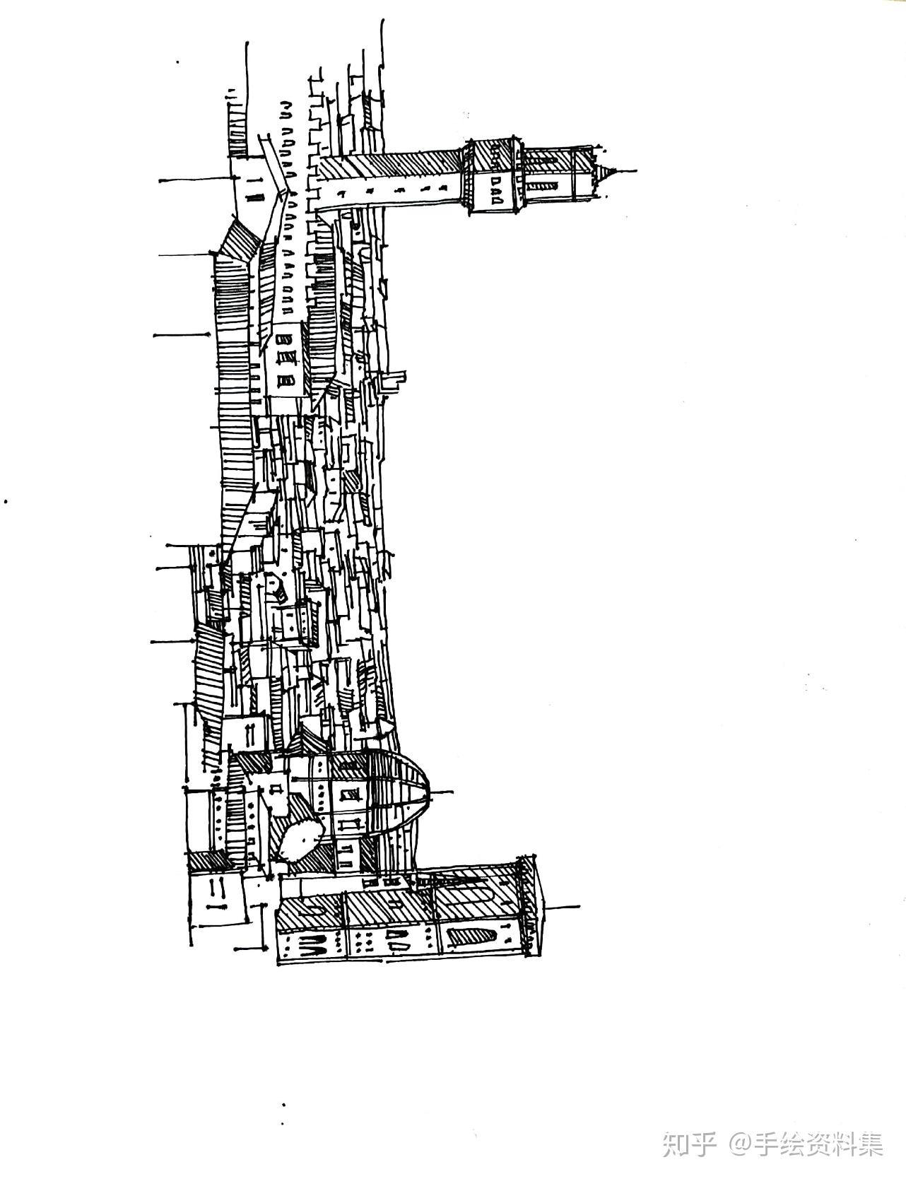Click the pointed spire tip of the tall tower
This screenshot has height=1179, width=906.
[x=635, y=170]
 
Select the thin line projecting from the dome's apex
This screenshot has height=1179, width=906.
[x=441, y=791]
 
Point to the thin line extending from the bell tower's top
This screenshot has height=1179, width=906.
[x=563, y=907]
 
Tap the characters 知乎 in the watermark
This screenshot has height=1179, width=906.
[x=690, y=1144]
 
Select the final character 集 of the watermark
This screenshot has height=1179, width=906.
[x=869, y=1144]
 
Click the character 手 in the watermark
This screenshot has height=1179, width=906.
[x=767, y=1144]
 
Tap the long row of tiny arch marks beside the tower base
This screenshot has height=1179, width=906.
[x=288, y=205]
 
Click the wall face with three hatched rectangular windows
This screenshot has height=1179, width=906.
[x=286, y=360]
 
